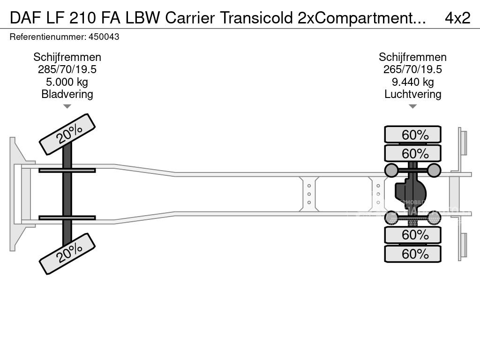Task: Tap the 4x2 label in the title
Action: coord(457,18)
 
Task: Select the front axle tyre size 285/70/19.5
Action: coord(67,69)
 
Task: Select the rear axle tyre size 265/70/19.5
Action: coord(412,69)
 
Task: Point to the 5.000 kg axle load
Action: coord(67,82)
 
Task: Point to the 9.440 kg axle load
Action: coord(412,82)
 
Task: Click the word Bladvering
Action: coord(67,94)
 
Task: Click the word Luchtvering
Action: coord(412,94)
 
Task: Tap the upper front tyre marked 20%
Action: coord(67,134)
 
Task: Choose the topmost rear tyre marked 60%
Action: coord(412,135)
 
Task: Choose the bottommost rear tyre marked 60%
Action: coord(412,254)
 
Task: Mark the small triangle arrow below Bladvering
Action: coord(67,106)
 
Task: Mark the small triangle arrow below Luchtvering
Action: coord(412,106)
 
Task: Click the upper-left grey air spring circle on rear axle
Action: coord(391,170)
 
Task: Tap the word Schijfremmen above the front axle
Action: coord(67,57)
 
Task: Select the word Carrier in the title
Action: coord(190,18)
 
